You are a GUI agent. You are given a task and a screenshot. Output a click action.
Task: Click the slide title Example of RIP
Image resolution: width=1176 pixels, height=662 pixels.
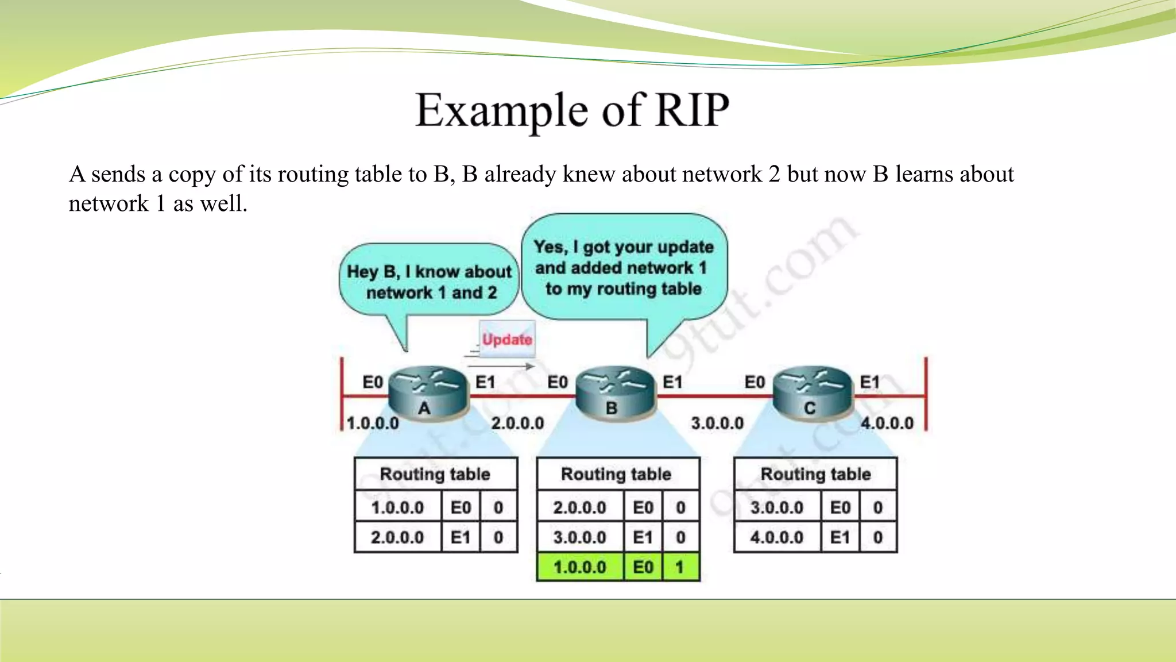(x=572, y=110)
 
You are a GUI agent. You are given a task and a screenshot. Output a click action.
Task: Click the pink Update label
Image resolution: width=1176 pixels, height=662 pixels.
(x=507, y=339)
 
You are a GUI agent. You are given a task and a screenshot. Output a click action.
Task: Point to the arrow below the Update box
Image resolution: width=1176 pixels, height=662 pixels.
(x=500, y=366)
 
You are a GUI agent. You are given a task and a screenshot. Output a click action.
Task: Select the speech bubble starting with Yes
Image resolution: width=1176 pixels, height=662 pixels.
(x=624, y=267)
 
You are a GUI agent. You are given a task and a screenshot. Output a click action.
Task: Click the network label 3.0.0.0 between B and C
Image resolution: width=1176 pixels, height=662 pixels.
(x=717, y=424)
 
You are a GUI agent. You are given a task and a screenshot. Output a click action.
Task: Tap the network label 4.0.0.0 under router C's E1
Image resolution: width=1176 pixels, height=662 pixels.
(x=887, y=424)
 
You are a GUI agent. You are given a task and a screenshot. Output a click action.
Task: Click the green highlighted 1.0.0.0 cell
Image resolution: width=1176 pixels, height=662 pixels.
(x=579, y=567)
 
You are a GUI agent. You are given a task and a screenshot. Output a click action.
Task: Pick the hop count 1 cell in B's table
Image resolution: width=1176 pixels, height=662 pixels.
(x=680, y=567)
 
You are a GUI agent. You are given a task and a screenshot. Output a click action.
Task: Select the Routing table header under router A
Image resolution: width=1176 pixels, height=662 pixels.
(x=435, y=474)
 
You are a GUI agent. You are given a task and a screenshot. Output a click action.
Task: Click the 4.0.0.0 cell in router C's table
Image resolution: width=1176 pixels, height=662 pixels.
(x=776, y=537)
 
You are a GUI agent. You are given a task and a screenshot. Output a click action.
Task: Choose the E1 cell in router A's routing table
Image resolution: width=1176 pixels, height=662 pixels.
(x=460, y=537)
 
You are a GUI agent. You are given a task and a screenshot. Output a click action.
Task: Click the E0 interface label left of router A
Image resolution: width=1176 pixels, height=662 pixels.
(x=372, y=382)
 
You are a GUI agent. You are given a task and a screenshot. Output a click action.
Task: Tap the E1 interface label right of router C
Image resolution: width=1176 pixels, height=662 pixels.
(x=869, y=382)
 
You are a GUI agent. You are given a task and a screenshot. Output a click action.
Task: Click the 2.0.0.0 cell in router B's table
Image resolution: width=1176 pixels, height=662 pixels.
(x=579, y=507)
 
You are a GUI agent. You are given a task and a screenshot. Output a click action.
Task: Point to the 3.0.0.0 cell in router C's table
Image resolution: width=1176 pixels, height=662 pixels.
(x=776, y=507)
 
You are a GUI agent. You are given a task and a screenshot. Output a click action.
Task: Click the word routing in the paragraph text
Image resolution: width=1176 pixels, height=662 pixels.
(x=312, y=175)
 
